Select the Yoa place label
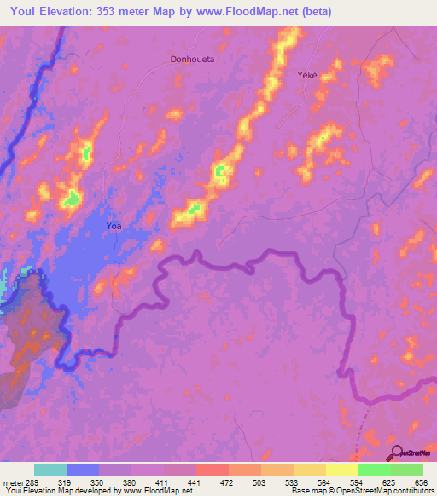point(114,226)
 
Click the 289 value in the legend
point(32,482)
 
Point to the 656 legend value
point(418,482)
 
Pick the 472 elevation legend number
point(227,482)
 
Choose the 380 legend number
point(130,482)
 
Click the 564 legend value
point(323,482)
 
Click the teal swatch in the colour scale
point(50,470)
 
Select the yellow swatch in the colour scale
point(341,470)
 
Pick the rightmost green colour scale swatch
point(406,470)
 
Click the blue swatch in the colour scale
point(83,470)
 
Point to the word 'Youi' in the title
point(26,12)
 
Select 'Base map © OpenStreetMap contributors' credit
point(361,491)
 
